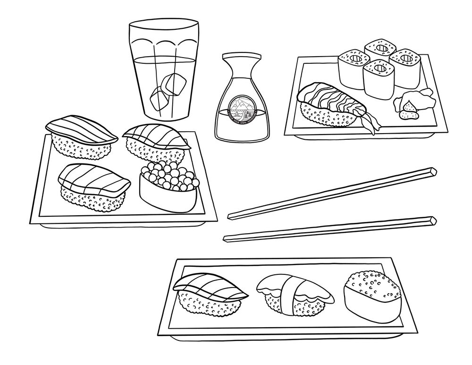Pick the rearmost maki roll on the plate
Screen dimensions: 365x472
coord(380,50)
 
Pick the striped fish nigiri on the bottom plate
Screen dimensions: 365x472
coord(210,293)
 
